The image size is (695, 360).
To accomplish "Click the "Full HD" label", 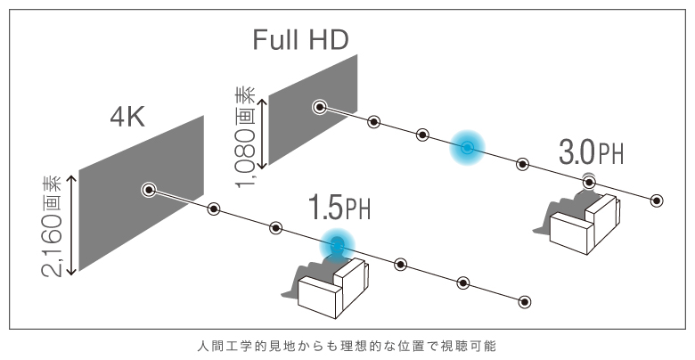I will tap(300, 38).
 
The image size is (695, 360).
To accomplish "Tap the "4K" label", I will tap(127, 116).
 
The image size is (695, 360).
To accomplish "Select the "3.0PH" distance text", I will tap(591, 152).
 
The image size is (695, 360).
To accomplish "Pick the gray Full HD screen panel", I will tap(312, 107).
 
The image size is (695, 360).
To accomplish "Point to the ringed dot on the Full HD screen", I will tap(318, 108).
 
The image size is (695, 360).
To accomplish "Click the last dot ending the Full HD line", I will tap(657, 200).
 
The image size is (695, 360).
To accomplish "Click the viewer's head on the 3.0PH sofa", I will tap(589, 183).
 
